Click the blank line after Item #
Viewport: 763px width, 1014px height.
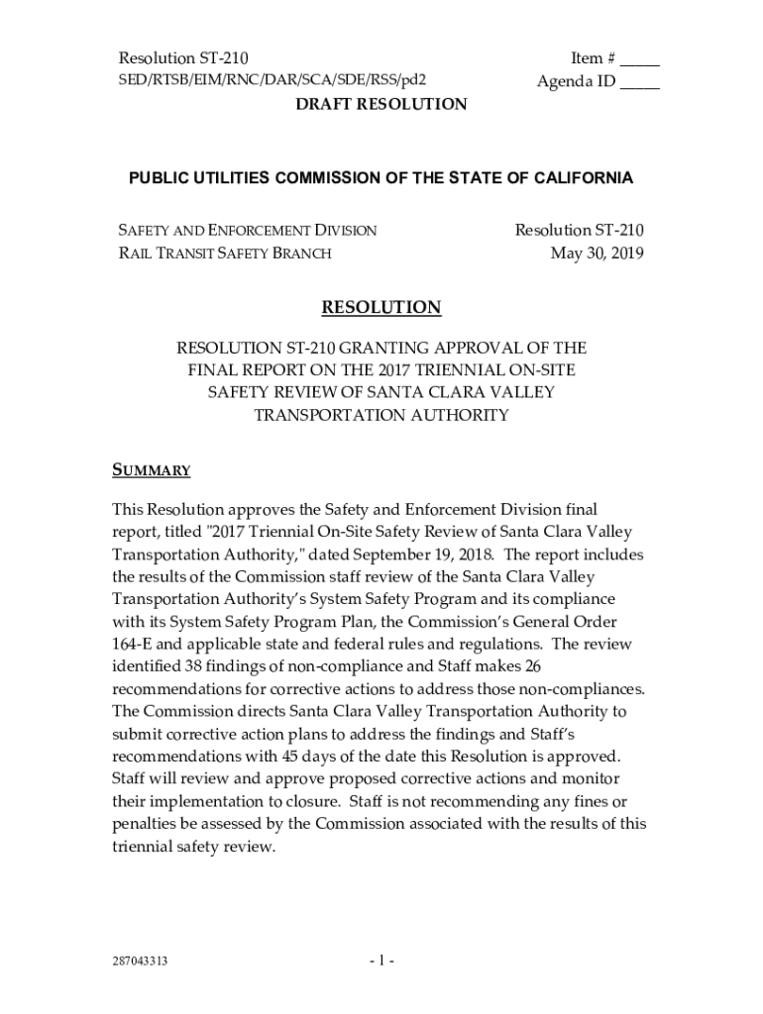[x=641, y=61]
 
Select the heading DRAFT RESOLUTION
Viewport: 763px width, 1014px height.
[x=381, y=104]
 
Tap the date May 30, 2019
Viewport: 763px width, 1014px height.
[x=598, y=253]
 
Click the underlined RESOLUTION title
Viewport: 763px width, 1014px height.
[x=381, y=308]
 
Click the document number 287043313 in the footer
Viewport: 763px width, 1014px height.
[x=140, y=962]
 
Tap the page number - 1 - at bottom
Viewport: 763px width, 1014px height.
[x=381, y=962]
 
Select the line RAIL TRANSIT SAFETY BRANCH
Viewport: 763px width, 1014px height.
[x=225, y=253]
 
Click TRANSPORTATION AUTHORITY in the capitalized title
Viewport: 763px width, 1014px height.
[x=381, y=416]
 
